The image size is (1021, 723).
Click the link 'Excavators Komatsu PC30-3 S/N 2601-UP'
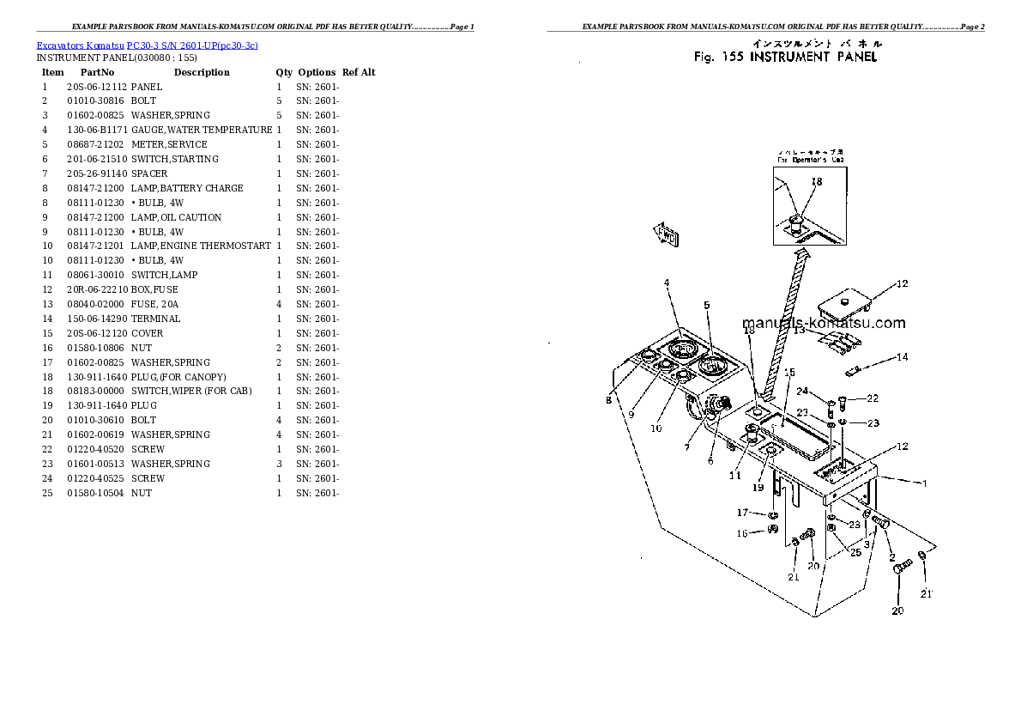pos(147,45)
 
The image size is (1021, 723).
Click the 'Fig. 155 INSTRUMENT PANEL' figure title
pos(785,57)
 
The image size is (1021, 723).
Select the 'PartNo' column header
pos(97,72)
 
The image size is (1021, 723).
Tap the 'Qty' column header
pos(283,72)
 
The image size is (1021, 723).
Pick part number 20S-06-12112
pos(96,87)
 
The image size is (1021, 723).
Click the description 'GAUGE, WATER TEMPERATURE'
pos(202,130)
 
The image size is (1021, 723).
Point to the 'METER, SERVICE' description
pos(169,144)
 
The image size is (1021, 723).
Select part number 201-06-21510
pos(96,159)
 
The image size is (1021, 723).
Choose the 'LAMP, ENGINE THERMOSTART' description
pos(202,246)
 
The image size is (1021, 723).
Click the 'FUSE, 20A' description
pos(155,304)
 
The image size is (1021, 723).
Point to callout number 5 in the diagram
pos(707,305)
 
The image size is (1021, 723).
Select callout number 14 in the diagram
pos(902,356)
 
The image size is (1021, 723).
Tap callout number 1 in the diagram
pos(924,483)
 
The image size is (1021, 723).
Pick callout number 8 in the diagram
pos(608,399)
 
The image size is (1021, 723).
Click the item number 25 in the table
pos(47,493)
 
